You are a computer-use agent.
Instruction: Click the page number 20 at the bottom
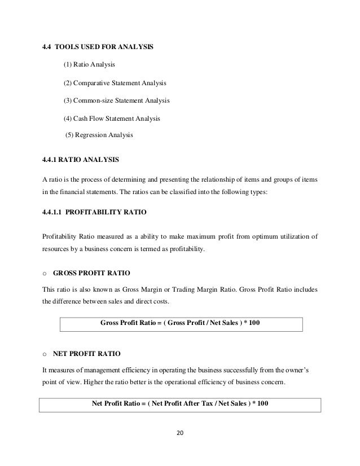[181, 434]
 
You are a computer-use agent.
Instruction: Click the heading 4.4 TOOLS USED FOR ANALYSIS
[97, 46]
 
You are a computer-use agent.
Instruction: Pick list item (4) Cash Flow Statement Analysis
[112, 119]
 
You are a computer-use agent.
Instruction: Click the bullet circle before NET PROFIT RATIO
[45, 354]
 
